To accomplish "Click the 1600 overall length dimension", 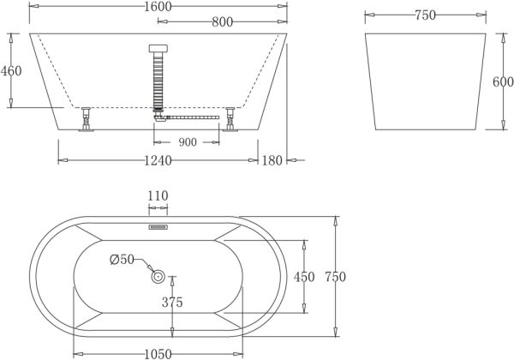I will click(x=157, y=7).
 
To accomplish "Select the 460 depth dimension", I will click(x=11, y=71).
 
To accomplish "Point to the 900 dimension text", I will click(x=188, y=141).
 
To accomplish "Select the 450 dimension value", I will click(x=304, y=276).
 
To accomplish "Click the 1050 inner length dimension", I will click(x=158, y=352).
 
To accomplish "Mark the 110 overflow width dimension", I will click(x=158, y=196).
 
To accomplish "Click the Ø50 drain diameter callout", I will click(x=123, y=260).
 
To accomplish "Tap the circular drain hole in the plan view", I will click(x=158, y=276).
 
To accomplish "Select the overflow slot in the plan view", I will click(x=158, y=228).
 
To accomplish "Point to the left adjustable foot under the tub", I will click(x=86, y=120).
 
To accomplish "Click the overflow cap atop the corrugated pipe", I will click(x=157, y=50).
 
